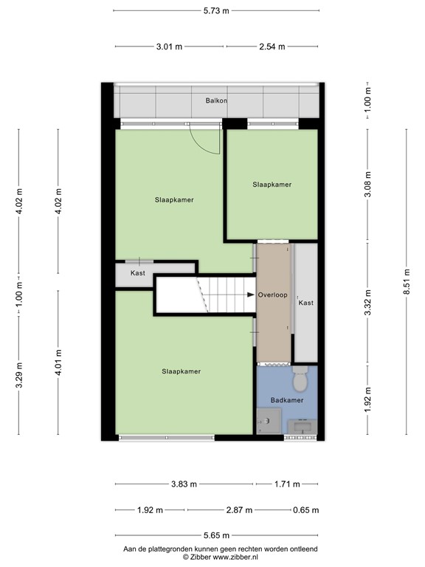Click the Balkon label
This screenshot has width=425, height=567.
coord(216,100)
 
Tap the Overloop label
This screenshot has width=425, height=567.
coord(273,295)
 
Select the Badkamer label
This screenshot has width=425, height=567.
coord(287,401)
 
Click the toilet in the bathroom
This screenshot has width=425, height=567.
coord(300,382)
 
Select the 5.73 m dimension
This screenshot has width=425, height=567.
coord(216,10)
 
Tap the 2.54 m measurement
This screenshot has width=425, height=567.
coord(273,47)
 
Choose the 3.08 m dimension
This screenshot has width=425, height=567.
coord(368,185)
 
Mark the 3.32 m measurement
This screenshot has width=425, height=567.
coord(368,302)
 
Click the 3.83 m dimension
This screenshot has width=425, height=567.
coord(184,484)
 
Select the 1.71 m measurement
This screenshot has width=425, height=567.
coord(286,484)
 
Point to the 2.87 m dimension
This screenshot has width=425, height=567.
coord(239,510)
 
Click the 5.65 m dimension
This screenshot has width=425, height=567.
coord(215,535)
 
